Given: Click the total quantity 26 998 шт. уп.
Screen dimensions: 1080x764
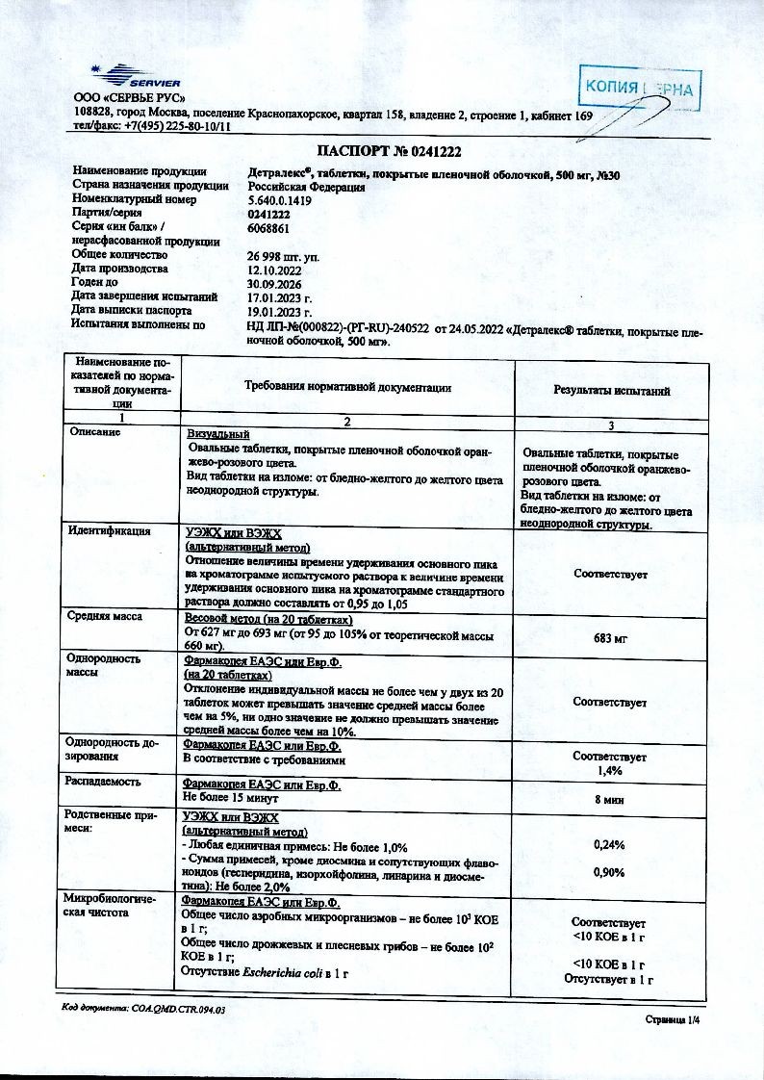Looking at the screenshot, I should tap(285, 256).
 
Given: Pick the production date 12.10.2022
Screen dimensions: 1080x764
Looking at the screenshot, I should tap(275, 270).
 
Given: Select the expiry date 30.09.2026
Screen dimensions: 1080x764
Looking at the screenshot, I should tap(275, 283).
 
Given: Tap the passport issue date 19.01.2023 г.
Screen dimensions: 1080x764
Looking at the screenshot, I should tap(280, 311).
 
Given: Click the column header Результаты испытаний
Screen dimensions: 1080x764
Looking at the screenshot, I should tap(611, 390).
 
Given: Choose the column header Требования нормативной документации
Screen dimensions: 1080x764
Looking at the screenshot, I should tap(348, 387).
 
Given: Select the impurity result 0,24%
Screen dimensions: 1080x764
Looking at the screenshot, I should tap(610, 844).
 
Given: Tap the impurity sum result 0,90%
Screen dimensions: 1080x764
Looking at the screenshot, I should tap(610, 872).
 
